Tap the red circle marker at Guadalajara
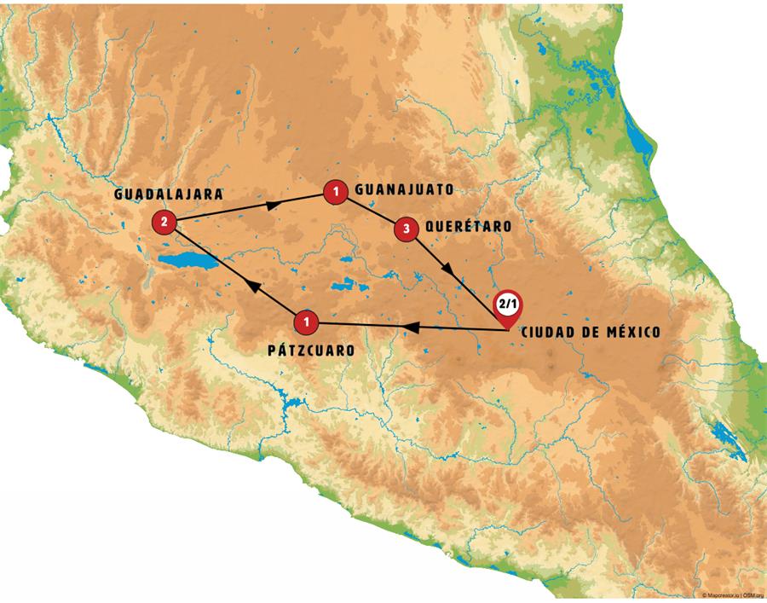coord(164,223)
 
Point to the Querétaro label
coord(468,227)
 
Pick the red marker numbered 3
coord(407,228)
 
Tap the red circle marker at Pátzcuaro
coord(306,322)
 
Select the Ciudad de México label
coord(590,330)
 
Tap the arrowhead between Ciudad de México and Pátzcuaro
coord(408,326)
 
